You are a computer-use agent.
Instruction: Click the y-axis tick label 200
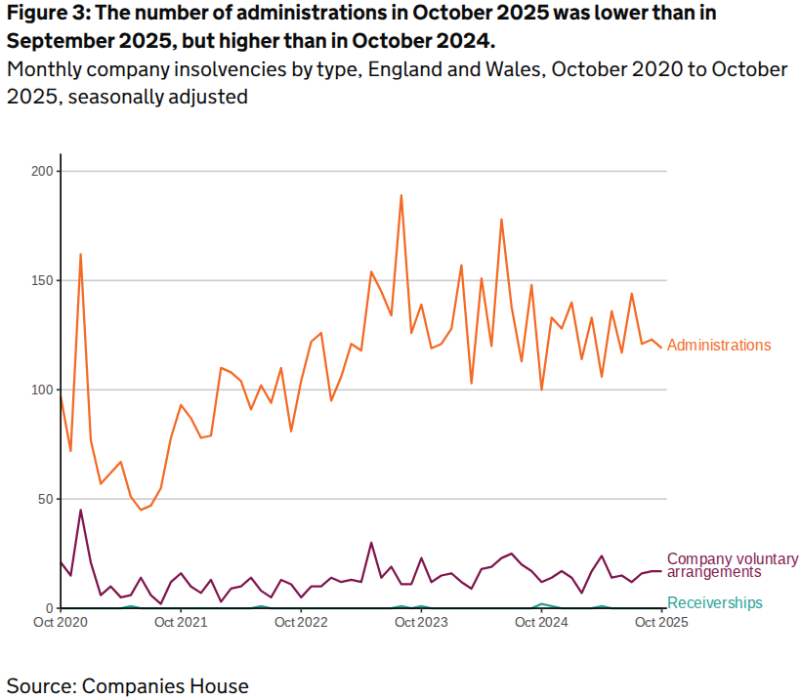[40, 172]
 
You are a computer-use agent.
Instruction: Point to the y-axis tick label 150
[40, 281]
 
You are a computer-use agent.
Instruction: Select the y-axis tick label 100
[40, 391]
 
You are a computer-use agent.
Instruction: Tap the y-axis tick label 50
[44, 500]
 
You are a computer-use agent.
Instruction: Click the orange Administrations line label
[719, 346]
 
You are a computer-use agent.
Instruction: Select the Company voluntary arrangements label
[732, 565]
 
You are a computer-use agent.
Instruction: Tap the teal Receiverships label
[714, 603]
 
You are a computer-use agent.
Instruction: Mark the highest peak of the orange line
[401, 195]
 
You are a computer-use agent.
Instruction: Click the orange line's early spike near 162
[80, 254]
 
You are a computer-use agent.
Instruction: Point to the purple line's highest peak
[80, 510]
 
